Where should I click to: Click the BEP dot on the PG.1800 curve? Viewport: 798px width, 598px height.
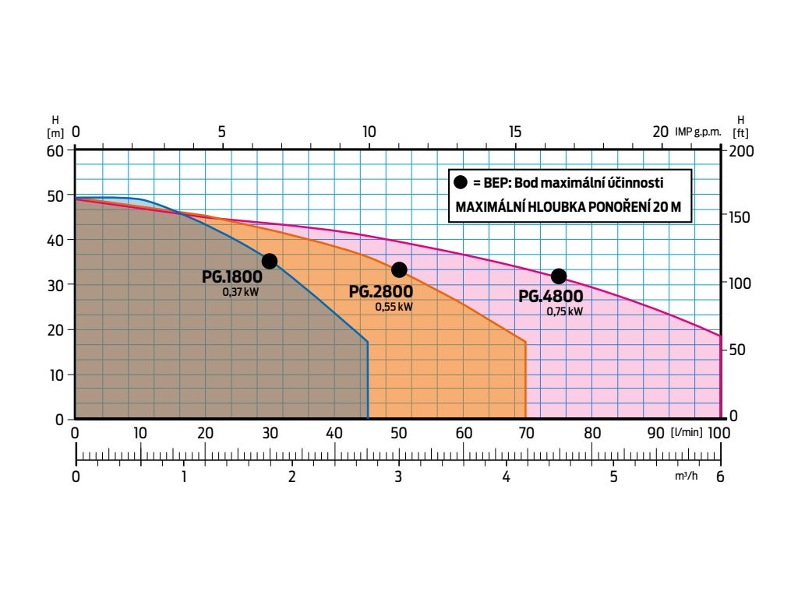(x=270, y=261)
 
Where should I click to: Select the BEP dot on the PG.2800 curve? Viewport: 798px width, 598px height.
(x=399, y=269)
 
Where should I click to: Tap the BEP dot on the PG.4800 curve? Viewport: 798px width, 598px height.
(x=559, y=276)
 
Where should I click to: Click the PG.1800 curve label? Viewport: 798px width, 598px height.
(x=233, y=277)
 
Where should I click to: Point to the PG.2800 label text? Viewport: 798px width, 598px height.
(x=381, y=292)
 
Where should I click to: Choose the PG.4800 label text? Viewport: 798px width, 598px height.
(x=550, y=297)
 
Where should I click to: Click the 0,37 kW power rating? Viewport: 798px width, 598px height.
(x=240, y=293)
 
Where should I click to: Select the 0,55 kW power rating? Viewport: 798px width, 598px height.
(x=394, y=307)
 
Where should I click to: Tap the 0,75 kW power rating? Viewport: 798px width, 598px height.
(x=564, y=311)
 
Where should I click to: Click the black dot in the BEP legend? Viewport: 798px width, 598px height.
(x=460, y=182)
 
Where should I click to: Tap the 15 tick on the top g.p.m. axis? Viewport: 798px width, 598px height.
(x=514, y=132)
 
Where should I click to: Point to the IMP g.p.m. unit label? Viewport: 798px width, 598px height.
(x=697, y=132)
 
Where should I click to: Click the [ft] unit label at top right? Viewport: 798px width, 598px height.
(x=740, y=133)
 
